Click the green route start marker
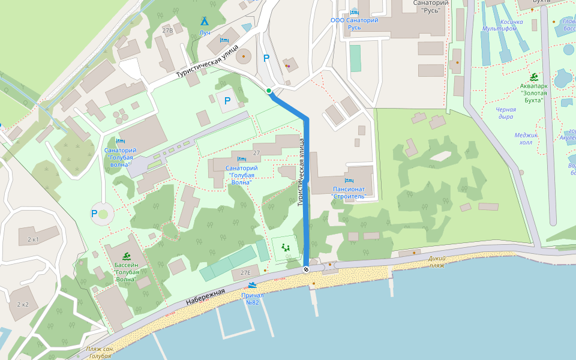point(269,91)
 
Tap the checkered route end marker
point(306,269)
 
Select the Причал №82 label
point(253,299)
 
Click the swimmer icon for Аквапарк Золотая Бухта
point(533,77)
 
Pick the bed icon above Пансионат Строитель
point(349,181)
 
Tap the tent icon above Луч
point(204,21)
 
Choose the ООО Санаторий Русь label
point(355,23)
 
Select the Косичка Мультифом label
point(503,25)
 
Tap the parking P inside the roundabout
point(94,213)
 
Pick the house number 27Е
point(245,273)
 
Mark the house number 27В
point(167,31)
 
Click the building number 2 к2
point(23,305)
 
